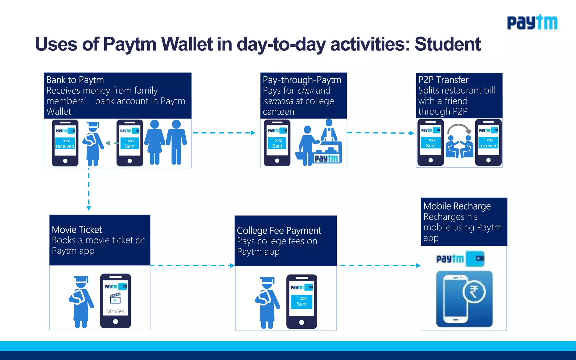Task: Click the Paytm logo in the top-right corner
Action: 532,22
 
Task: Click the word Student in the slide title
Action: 447,44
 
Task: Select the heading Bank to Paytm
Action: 75,80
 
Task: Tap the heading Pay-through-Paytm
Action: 302,80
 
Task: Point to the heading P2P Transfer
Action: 443,80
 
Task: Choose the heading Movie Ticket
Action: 77,230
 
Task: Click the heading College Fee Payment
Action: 279,231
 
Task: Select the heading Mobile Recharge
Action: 457,206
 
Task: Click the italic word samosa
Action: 278,101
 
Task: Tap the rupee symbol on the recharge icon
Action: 474,292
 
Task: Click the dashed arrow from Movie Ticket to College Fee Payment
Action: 192,265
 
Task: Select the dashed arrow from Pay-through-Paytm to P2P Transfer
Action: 381,133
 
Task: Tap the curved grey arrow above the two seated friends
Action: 459,129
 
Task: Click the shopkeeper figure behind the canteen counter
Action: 329,131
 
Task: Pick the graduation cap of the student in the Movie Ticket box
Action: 81,280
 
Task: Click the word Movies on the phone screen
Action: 115,311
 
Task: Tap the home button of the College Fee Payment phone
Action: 301,322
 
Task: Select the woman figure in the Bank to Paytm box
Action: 154,142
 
